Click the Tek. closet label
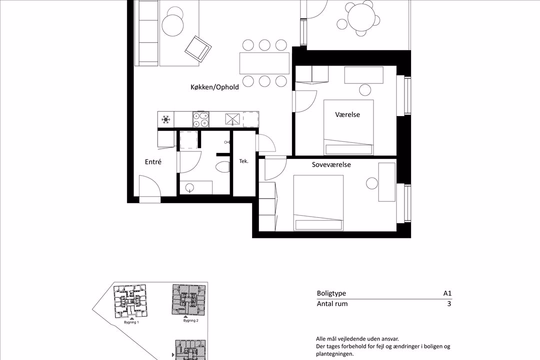tap(243, 161)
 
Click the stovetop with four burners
tap(200, 120)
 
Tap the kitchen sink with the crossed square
tap(233, 120)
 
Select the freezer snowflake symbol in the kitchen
tap(167, 120)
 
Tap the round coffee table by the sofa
tap(173, 22)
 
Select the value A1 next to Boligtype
tap(448, 293)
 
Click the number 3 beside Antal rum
tap(450, 303)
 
